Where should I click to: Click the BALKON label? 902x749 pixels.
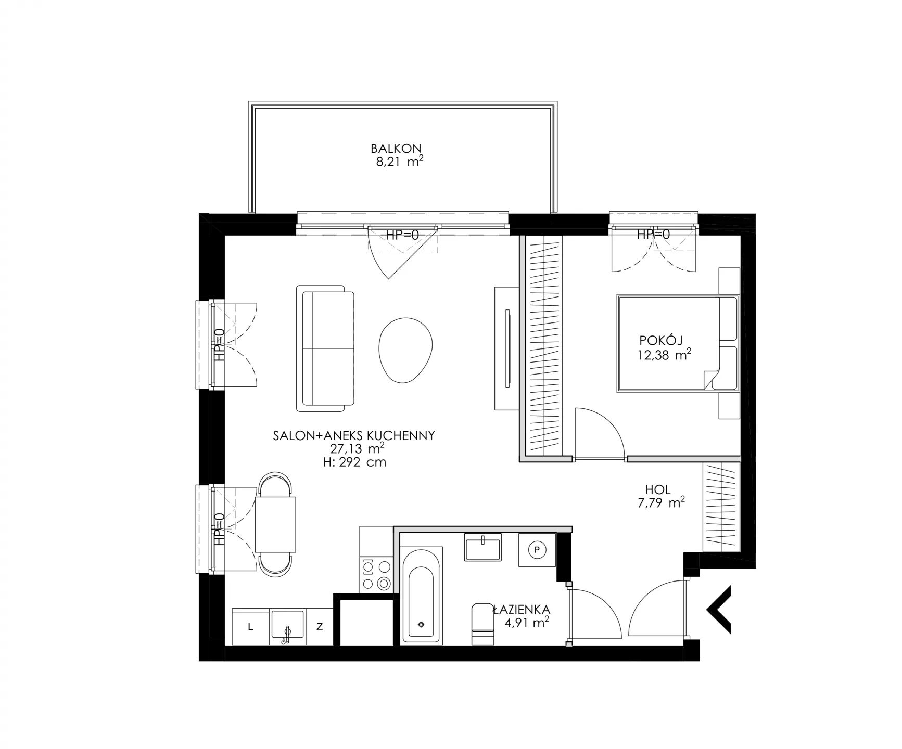tap(396, 148)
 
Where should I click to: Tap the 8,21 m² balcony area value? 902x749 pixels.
tap(398, 161)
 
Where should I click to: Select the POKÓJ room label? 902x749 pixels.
tap(661, 341)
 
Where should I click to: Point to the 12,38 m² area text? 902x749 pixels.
tap(664, 355)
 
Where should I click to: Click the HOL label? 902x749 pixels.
tap(658, 489)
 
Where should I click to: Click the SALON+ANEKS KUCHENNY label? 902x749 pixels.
tap(354, 436)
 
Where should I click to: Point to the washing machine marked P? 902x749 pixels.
tap(537, 549)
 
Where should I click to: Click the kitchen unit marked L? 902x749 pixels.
tap(250, 627)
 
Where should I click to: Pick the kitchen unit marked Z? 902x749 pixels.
tap(320, 627)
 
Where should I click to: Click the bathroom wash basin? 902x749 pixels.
tap(482, 547)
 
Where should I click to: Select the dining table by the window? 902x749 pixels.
tap(276, 524)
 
